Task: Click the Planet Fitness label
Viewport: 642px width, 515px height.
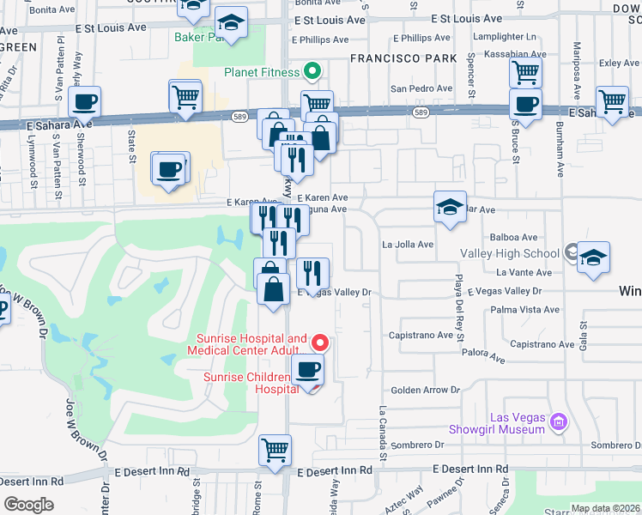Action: (x=262, y=73)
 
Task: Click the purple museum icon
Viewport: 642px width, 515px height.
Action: (x=559, y=422)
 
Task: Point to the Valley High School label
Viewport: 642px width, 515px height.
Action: (x=510, y=253)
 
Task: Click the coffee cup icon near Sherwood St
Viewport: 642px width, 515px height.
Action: (x=84, y=103)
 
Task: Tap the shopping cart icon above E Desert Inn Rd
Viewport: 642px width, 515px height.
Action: (x=275, y=450)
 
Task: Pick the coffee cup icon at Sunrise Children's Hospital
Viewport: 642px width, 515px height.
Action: (x=307, y=370)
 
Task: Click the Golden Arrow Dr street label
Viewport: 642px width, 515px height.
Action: (x=421, y=390)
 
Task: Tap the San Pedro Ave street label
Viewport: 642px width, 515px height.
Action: (x=421, y=88)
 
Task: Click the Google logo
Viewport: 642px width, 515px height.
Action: (x=28, y=505)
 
